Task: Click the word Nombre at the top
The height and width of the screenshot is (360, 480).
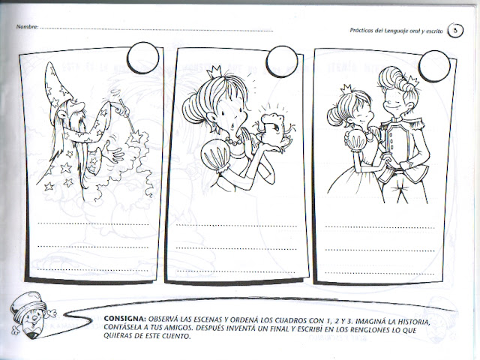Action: pyautogui.click(x=27, y=27)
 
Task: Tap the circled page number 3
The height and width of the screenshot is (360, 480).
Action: pyautogui.click(x=455, y=31)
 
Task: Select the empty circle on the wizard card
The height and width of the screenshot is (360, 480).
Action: pyautogui.click(x=143, y=58)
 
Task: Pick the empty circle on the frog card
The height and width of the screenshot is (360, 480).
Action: pyautogui.click(x=282, y=61)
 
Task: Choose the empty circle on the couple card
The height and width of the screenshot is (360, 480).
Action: pyautogui.click(x=434, y=66)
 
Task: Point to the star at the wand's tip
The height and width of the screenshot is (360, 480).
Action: pyautogui.click(x=136, y=136)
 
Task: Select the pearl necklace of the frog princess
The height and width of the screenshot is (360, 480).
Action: pyautogui.click(x=234, y=142)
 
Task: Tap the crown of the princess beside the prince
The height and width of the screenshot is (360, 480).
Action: pyautogui.click(x=346, y=88)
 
